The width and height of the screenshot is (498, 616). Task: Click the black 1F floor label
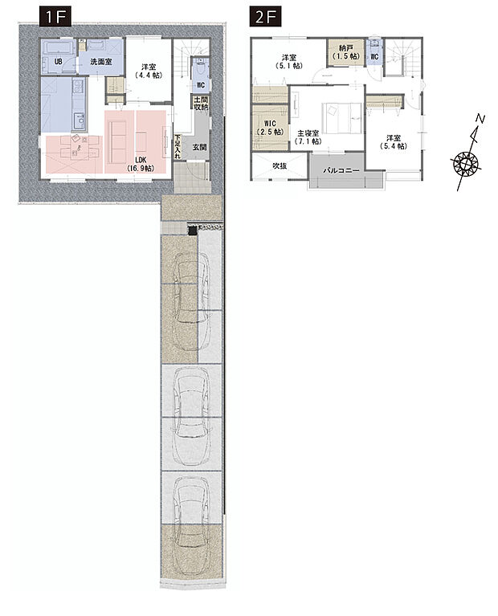[55, 18]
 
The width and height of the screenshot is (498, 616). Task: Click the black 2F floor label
[265, 18]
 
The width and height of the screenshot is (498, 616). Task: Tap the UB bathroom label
[58, 62]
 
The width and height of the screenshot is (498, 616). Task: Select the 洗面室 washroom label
[101, 62]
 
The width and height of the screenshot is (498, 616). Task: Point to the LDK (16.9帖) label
[141, 164]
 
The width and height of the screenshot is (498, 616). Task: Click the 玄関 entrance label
[200, 147]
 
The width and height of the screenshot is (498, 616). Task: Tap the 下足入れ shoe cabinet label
[178, 146]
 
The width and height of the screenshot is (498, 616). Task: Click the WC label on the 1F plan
[201, 85]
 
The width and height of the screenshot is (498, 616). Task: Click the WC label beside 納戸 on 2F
[374, 57]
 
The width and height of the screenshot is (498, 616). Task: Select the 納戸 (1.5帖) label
[345, 52]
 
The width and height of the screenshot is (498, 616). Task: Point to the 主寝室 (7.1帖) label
[308, 137]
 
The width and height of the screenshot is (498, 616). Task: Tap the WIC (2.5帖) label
[270, 128]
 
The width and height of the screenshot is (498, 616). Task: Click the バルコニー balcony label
[341, 171]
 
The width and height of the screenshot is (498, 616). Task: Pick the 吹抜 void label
[280, 165]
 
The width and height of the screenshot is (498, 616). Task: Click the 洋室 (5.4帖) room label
[393, 142]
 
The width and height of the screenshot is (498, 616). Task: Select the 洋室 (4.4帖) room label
[149, 71]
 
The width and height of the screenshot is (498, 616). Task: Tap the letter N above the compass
[480, 118]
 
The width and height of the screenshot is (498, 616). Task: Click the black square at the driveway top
[192, 230]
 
